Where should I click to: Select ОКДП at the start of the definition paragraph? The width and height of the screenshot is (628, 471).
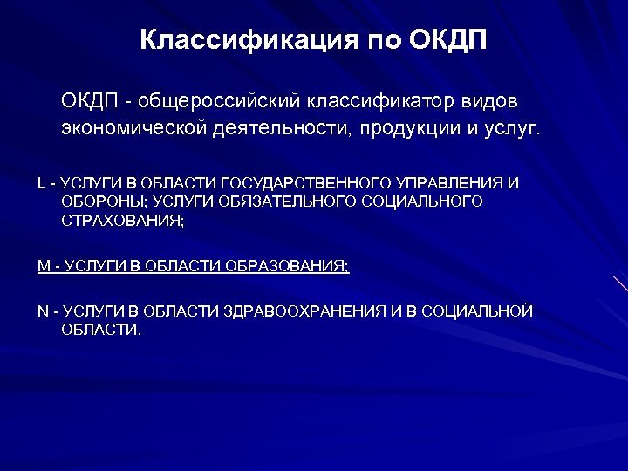89,101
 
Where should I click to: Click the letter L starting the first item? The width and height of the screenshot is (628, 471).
41,183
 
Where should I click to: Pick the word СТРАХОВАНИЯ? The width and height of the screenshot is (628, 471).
122,221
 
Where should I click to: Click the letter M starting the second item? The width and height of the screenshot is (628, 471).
43,266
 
